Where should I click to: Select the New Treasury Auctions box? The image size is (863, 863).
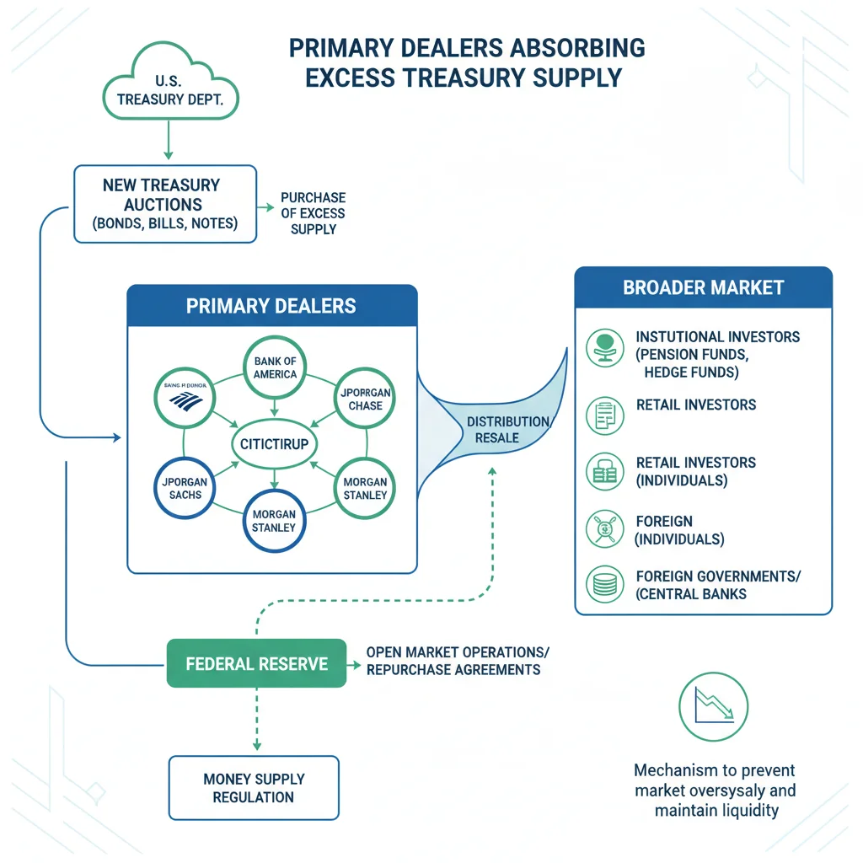click(x=165, y=204)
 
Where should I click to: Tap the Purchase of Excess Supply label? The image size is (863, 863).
click(x=313, y=212)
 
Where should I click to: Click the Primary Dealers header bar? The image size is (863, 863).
click(x=271, y=306)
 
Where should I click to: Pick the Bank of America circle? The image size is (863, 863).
click(x=275, y=368)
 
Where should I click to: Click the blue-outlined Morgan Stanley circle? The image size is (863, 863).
click(x=274, y=521)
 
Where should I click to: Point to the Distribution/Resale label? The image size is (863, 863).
click(x=508, y=429)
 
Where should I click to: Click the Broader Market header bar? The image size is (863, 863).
click(x=703, y=287)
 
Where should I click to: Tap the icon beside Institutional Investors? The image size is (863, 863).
click(x=604, y=346)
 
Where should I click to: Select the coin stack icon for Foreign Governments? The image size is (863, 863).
click(x=604, y=584)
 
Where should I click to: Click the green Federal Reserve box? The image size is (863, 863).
click(x=257, y=664)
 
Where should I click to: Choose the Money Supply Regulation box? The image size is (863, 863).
click(x=254, y=787)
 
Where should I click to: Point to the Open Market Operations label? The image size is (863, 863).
click(x=453, y=662)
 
